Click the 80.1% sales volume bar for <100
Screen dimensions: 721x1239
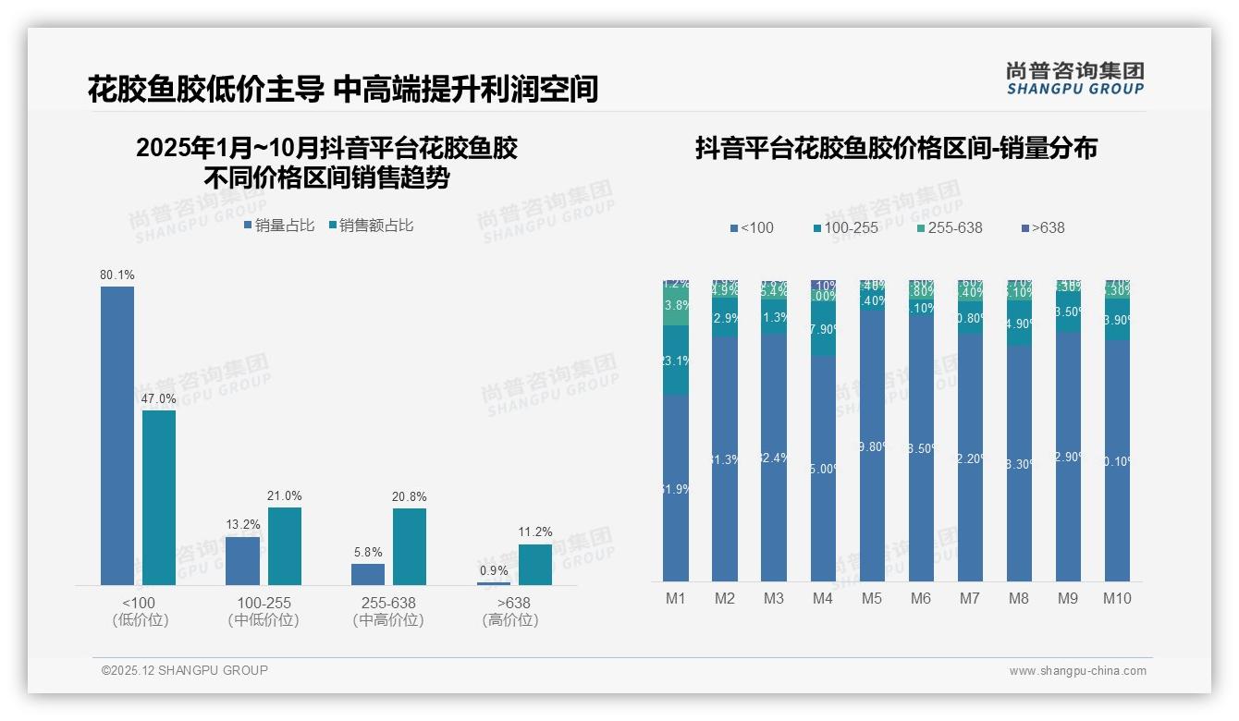pyautogui.click(x=117, y=434)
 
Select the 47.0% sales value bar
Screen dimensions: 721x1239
pyautogui.click(x=159, y=497)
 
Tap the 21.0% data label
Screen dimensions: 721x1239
pyautogui.click(x=285, y=496)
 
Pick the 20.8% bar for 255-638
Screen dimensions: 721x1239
pyautogui.click(x=410, y=546)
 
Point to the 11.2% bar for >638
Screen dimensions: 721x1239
pyautogui.click(x=534, y=564)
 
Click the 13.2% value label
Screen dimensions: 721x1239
pyautogui.click(x=243, y=525)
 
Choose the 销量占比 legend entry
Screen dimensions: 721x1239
pyautogui.click(x=279, y=226)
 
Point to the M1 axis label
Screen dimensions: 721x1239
pyautogui.click(x=676, y=599)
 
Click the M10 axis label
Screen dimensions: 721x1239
pyautogui.click(x=1117, y=599)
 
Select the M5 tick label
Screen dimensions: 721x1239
pyautogui.click(x=872, y=599)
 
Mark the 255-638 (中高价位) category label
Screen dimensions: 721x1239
pyautogui.click(x=388, y=611)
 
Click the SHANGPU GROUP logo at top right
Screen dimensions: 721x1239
pyautogui.click(x=1075, y=79)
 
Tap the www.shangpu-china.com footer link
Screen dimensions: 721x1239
pyautogui.click(x=1077, y=671)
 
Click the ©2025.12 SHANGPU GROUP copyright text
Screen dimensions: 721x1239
pyautogui.click(x=185, y=671)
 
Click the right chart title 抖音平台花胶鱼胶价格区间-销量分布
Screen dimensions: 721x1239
pyautogui.click(x=896, y=148)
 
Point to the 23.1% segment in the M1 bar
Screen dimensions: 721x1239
pyautogui.click(x=676, y=360)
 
